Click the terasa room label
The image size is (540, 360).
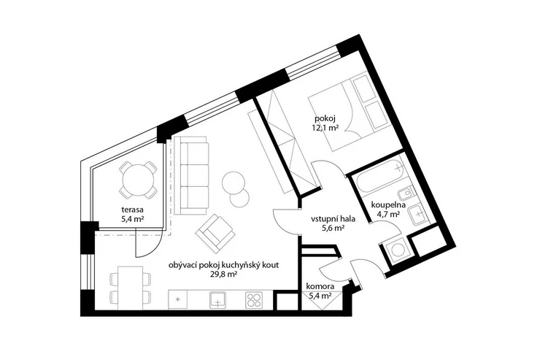point(132,210)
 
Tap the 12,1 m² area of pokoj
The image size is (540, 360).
point(324,128)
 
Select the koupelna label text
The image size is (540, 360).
point(388,205)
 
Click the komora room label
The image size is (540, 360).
point(320,286)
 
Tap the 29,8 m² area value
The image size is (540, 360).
point(223,275)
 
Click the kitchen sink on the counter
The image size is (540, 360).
point(217,300)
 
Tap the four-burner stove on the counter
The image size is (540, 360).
point(254,300)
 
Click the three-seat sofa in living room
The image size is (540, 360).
point(191,176)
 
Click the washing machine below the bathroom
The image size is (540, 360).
point(396,250)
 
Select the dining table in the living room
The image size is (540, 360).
point(130,288)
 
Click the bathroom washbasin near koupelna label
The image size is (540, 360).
point(417,213)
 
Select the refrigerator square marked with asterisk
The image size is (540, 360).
point(178,299)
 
